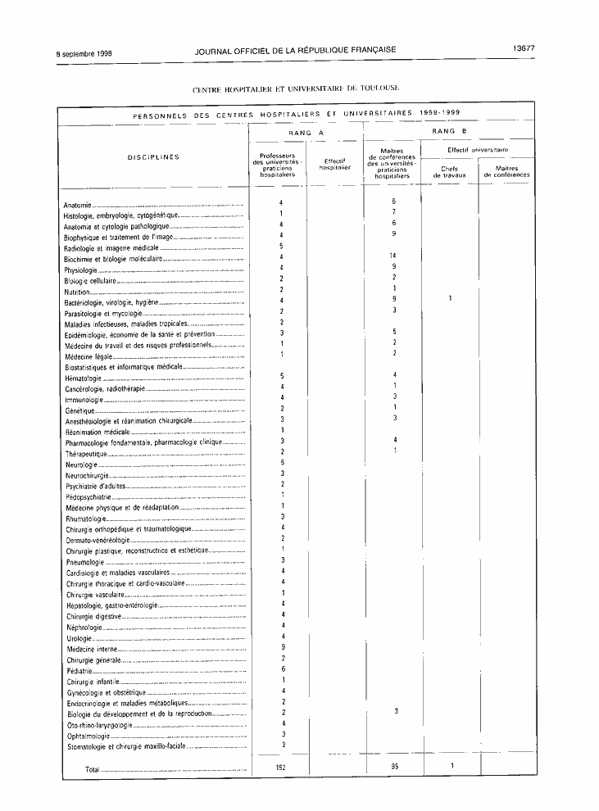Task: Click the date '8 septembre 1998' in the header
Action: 84,53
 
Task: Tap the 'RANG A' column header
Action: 306,131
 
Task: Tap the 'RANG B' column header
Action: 453,131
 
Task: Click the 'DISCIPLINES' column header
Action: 153,157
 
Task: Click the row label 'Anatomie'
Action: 77,204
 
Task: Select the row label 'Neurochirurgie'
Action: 86,475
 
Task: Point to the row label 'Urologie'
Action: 79,637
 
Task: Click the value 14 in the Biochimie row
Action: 393,256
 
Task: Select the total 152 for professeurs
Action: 283,767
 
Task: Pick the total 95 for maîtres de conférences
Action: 395,767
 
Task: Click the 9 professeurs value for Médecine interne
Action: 283,648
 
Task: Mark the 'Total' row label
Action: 93,769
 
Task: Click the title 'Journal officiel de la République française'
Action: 296,50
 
